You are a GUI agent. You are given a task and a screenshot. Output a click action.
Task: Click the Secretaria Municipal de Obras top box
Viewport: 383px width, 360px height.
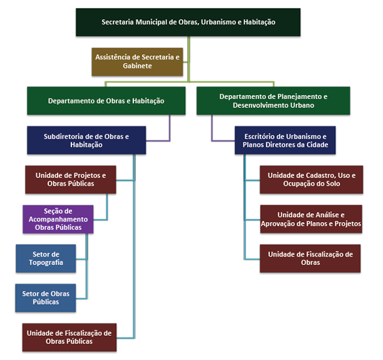point(188,22)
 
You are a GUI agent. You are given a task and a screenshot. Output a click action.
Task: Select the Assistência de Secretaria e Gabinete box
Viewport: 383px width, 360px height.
point(138,61)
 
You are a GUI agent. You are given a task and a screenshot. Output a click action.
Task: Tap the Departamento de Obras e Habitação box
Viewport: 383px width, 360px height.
point(106,101)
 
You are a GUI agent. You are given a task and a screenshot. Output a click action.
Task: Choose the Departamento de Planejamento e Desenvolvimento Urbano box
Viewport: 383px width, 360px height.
point(273,101)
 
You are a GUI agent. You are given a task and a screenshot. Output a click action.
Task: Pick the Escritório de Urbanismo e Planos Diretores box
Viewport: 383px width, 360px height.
point(280,140)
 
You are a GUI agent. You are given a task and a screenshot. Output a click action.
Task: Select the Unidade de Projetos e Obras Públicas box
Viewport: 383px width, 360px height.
point(70,179)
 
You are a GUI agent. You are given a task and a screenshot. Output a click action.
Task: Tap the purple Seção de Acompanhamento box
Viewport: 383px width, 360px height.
point(57,219)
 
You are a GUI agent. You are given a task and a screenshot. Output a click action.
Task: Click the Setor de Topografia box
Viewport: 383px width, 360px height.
point(45,258)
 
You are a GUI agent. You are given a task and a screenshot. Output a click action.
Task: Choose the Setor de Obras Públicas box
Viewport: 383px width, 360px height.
point(45,297)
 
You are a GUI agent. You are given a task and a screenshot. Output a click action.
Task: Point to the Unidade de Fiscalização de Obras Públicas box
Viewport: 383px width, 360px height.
point(70,337)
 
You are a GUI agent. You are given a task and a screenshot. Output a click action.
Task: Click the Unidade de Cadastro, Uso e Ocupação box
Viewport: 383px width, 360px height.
point(311,179)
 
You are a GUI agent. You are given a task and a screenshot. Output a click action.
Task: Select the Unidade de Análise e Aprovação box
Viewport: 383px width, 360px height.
point(311,219)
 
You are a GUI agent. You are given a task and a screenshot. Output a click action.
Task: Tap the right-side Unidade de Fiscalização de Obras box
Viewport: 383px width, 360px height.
point(311,258)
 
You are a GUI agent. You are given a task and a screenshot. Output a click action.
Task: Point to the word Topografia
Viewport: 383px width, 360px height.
point(45,262)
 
